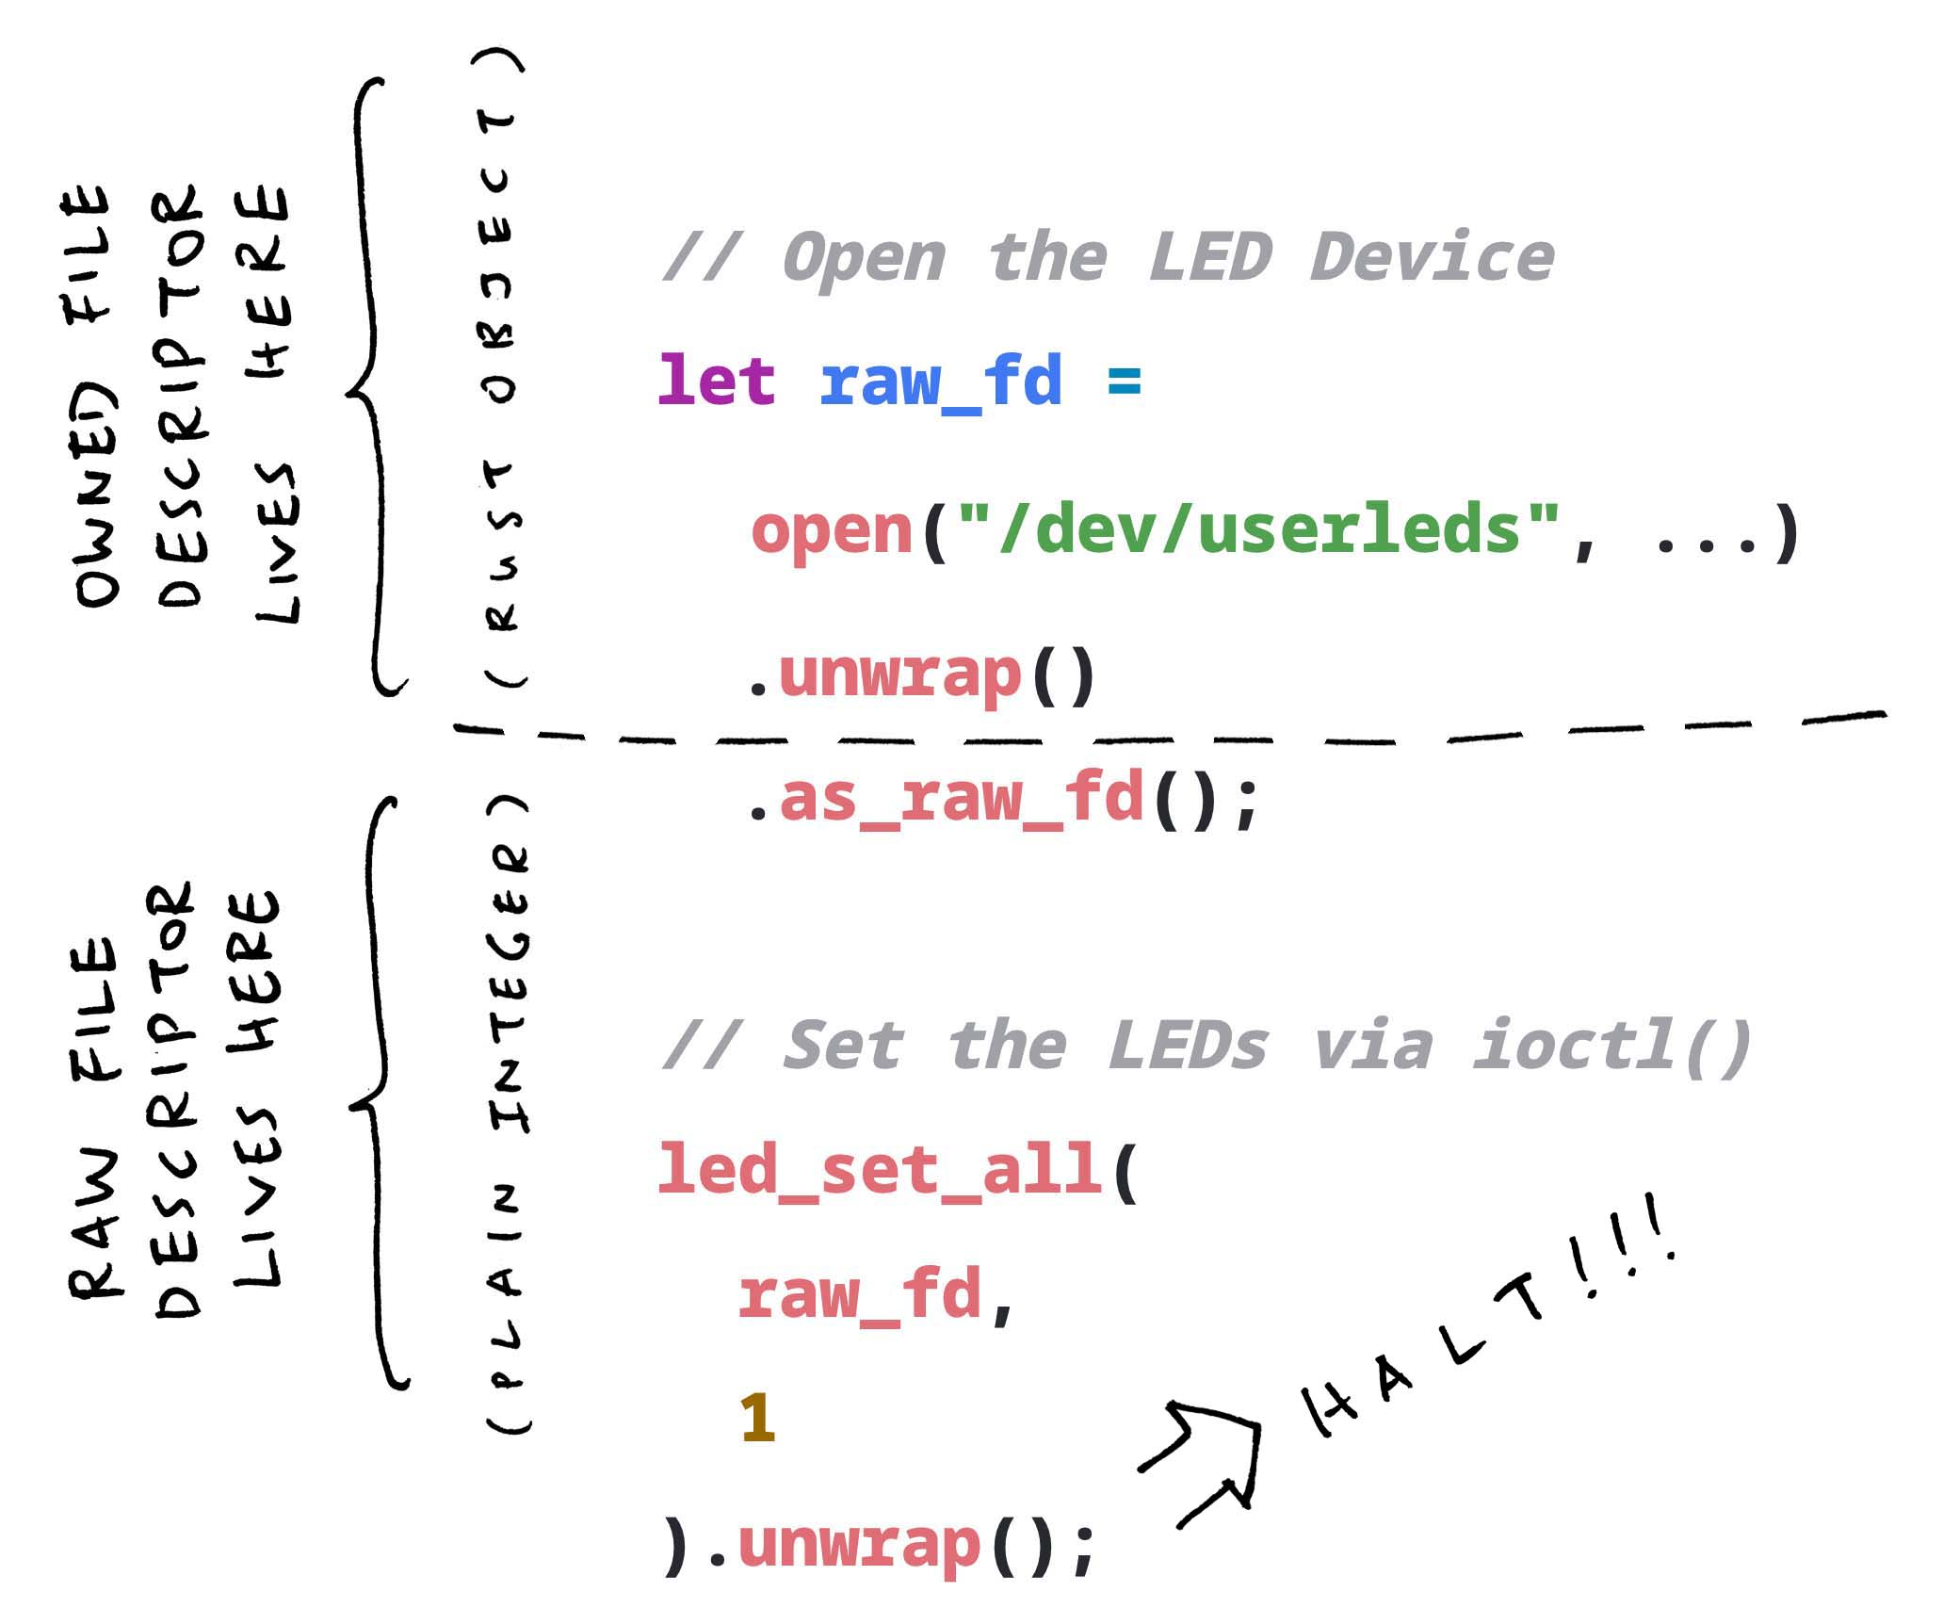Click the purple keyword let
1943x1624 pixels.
(x=716, y=381)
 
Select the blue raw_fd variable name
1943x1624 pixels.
(x=941, y=382)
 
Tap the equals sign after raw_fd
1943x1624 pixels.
(x=1125, y=381)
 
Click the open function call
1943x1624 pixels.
(x=832, y=530)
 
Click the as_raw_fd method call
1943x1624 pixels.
(x=961, y=798)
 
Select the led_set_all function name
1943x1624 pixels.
(x=881, y=1170)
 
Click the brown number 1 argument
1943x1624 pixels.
(x=757, y=1418)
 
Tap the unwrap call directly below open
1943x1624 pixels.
(x=899, y=674)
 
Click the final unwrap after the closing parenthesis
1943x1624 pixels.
(x=859, y=1544)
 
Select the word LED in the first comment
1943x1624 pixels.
(x=1210, y=257)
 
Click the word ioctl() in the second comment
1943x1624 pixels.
(x=1611, y=1046)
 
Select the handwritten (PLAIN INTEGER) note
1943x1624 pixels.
(x=509, y=1112)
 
